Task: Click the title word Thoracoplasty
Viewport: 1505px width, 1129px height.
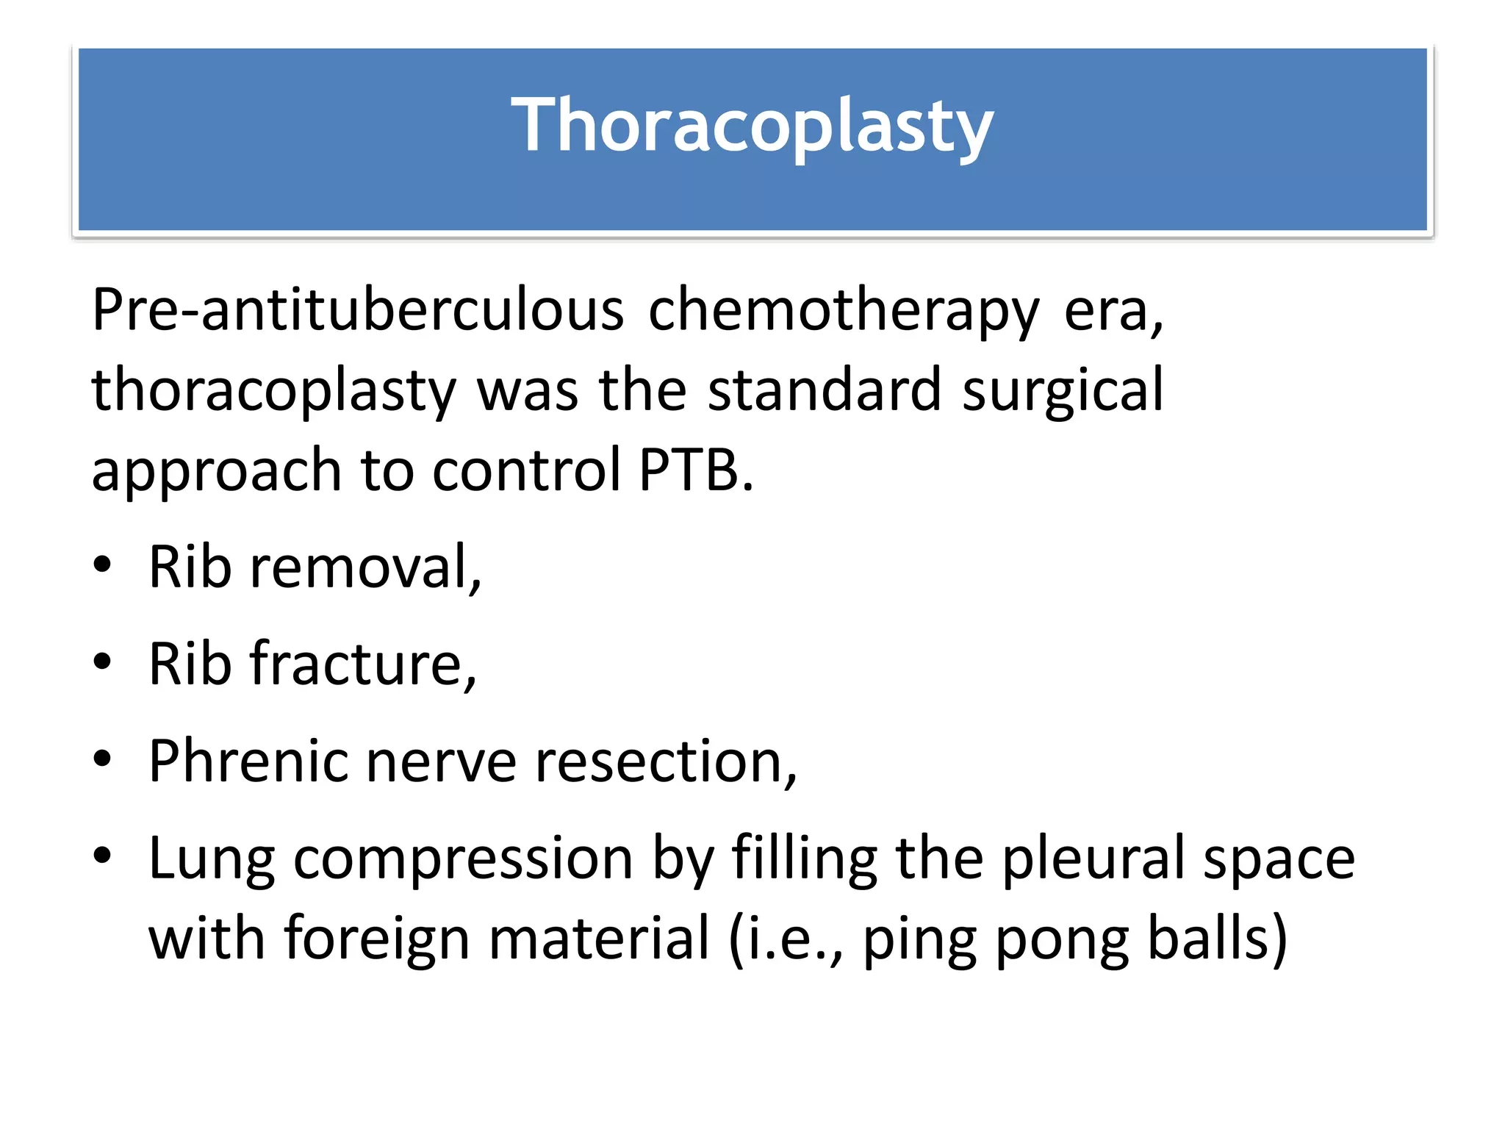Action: (x=752, y=126)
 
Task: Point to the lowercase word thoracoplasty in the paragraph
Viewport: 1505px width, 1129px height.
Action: (x=273, y=390)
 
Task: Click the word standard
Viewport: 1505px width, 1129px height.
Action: (x=824, y=390)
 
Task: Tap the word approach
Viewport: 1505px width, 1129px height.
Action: (x=216, y=470)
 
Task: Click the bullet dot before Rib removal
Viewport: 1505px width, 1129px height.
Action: (x=102, y=565)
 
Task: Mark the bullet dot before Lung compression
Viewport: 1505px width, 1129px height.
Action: (x=102, y=855)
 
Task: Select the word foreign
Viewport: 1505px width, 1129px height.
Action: (x=376, y=939)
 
